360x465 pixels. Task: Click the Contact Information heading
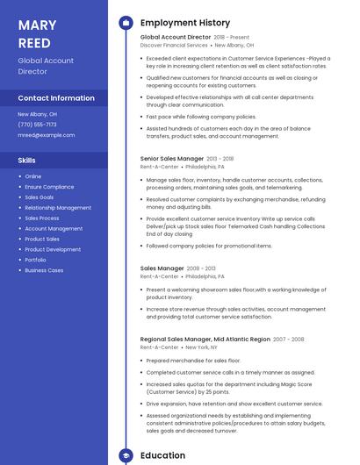pos(56,98)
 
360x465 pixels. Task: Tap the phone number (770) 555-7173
pos(37,125)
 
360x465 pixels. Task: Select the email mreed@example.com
pos(47,135)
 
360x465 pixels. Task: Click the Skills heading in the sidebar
pos(27,161)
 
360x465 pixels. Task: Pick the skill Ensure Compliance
pos(49,187)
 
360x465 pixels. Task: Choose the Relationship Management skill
pos(58,208)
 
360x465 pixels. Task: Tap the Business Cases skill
pos(44,270)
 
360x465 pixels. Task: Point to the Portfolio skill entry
pos(35,260)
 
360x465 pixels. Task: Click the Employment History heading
pos(185,23)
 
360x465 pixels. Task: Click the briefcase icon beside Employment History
pos(126,23)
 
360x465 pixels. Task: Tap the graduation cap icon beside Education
pos(126,456)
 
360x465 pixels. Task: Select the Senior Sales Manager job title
pos(172,159)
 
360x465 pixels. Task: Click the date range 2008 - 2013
pos(202,268)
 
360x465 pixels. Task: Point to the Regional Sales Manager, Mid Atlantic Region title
pos(205,339)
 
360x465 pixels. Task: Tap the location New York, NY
pos(201,347)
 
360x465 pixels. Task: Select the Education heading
pos(162,456)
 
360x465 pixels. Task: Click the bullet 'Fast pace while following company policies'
pos(201,117)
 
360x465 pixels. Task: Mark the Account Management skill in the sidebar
pos(54,228)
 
